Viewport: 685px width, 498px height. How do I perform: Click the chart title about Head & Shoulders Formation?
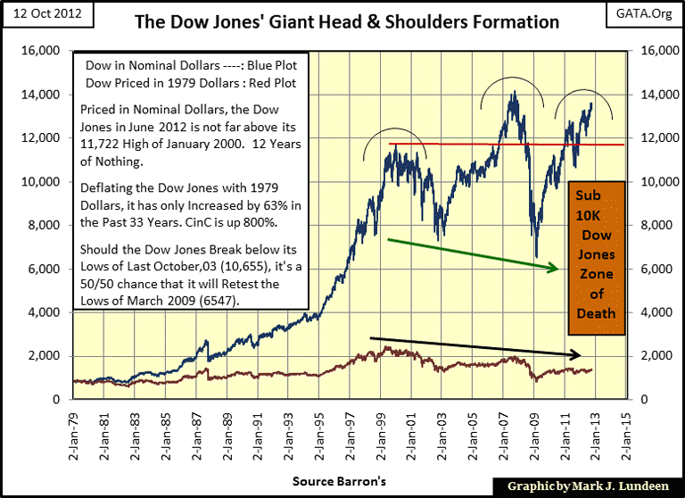pos(347,21)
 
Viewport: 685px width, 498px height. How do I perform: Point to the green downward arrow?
pos(472,253)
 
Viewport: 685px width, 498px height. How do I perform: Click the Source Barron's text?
pos(339,481)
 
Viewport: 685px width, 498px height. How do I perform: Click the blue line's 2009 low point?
pos(536,257)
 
